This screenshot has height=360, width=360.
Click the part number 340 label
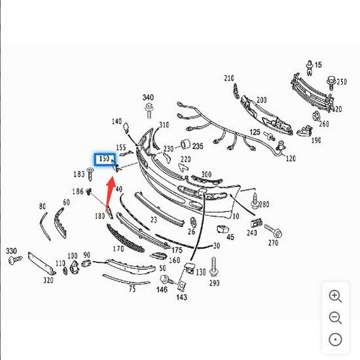coord(148,98)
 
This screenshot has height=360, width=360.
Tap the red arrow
coord(111,193)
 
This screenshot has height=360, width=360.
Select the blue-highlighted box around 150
coord(105,159)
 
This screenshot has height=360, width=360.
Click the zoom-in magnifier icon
coord(335,297)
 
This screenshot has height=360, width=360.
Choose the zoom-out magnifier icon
coord(335,318)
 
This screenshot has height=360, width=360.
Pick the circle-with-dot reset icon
coord(335,339)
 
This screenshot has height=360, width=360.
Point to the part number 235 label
coord(198,146)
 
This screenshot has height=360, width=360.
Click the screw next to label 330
coord(15,260)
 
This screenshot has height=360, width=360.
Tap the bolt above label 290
coord(213,267)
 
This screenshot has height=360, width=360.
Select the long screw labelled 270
coord(273,231)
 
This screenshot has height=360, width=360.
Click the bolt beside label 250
coord(331,83)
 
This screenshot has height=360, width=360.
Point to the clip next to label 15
coord(310,68)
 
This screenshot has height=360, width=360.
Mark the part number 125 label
coord(255,132)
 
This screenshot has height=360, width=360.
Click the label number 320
coord(48,280)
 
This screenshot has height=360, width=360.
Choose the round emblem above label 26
coord(193,222)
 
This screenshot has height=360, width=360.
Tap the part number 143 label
coord(181,297)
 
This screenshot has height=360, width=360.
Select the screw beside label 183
coord(90,175)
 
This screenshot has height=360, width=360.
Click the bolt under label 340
coord(149,111)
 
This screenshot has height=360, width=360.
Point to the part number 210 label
coord(229,79)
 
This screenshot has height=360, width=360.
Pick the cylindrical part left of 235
coord(185,144)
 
